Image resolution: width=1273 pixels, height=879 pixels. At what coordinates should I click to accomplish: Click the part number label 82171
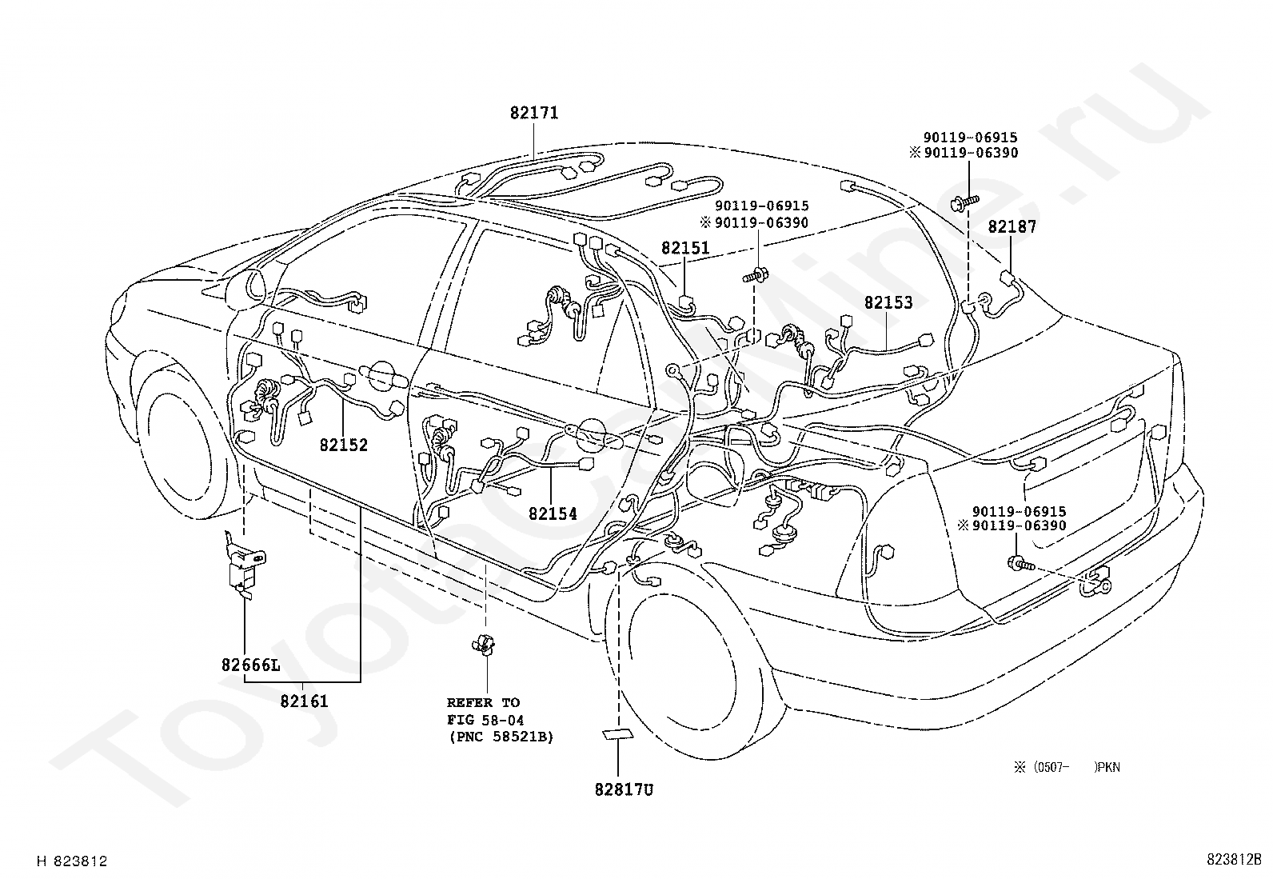coord(534,114)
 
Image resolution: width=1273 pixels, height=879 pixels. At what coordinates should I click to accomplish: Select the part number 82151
coord(685,249)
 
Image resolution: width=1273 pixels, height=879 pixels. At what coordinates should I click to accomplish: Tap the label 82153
coord(888,303)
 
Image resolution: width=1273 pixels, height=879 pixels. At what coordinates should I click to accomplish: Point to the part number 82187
coord(1012,227)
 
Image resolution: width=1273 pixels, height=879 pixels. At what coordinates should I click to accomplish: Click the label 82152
coord(344,445)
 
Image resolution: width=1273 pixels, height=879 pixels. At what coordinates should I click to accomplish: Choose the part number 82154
coord(553,514)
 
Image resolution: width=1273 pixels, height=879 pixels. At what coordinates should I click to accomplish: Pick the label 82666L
coord(251,665)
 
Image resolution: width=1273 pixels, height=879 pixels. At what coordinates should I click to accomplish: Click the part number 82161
coord(304,701)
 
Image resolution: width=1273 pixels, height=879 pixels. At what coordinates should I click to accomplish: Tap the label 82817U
coord(624,790)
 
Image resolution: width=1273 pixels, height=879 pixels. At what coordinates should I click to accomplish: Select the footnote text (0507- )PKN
coord(1067,767)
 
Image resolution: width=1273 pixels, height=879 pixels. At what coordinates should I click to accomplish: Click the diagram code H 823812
coord(72,861)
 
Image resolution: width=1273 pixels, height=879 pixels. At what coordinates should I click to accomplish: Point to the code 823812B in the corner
coord(1234,861)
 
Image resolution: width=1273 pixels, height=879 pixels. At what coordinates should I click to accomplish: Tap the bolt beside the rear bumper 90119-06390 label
coord(1020,565)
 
